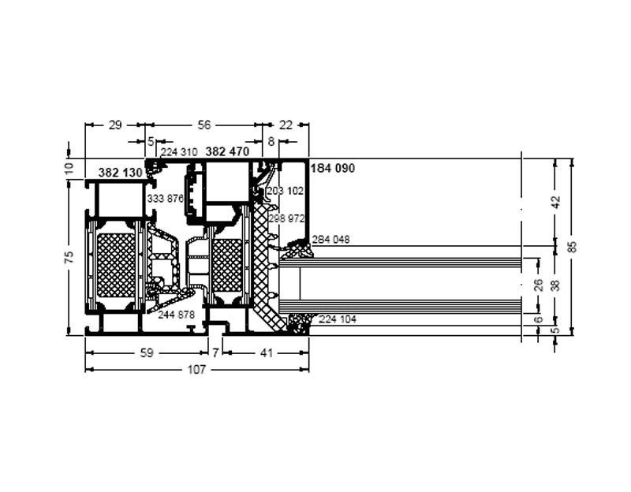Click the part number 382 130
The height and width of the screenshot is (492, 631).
point(121,173)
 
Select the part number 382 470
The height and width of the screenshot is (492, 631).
point(227,151)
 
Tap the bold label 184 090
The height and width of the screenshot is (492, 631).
point(333,168)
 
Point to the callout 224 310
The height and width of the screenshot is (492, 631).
point(179,152)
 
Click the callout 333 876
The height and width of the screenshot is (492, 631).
point(166,199)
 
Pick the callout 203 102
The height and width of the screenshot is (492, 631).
point(286,191)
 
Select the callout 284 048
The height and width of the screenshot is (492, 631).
point(330,240)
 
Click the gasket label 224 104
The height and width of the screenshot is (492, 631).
point(338,319)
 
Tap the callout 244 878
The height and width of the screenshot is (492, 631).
point(176,315)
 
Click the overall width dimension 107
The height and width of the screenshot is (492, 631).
point(196,369)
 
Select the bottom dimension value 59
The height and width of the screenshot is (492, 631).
point(147,352)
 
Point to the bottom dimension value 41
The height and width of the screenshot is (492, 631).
point(267,352)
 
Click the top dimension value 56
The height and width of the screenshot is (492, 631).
point(204,125)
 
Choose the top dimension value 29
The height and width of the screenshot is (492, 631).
point(115,125)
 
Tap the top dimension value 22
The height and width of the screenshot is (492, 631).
point(286,125)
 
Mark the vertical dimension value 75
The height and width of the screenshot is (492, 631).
point(69,257)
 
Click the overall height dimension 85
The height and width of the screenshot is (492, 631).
point(573,246)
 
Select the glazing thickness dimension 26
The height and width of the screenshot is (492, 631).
point(539,285)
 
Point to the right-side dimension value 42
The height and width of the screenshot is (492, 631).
point(556,202)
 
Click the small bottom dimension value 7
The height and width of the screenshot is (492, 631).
point(215,352)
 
